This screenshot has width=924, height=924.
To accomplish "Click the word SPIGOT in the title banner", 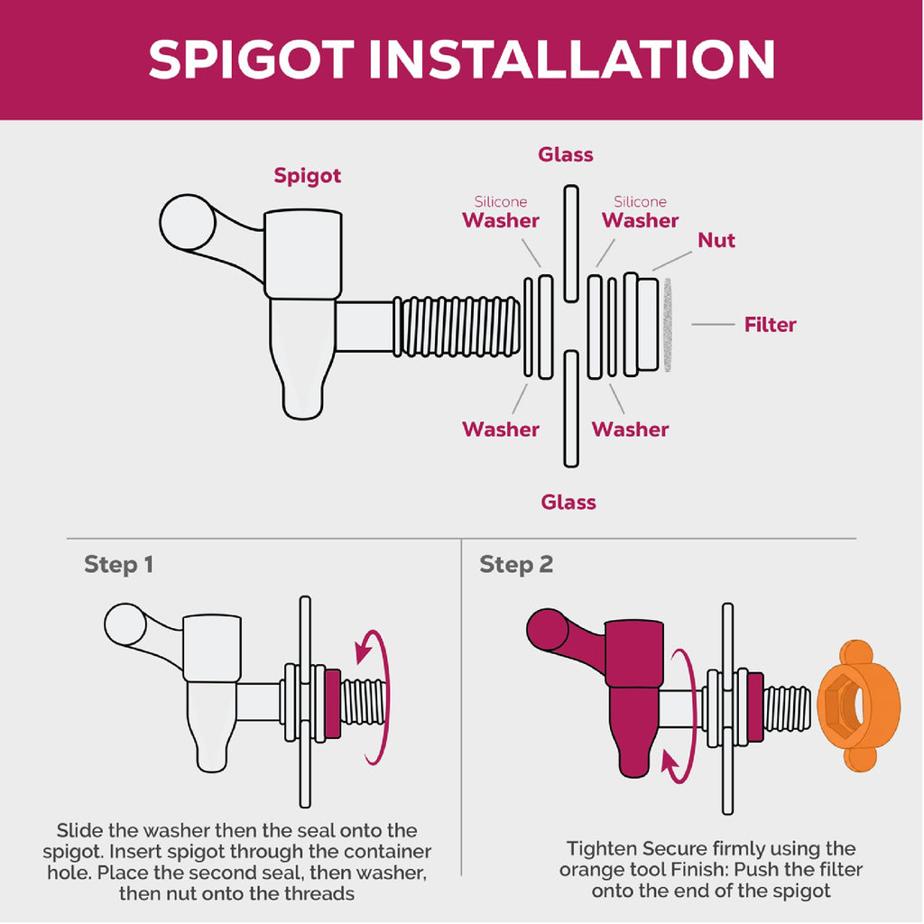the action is pyautogui.click(x=252, y=60).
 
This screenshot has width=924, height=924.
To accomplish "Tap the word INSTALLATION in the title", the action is pyautogui.click(x=572, y=60).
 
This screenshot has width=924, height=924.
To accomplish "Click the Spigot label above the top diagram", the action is pyautogui.click(x=307, y=176).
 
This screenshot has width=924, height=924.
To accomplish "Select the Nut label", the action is pyautogui.click(x=716, y=240).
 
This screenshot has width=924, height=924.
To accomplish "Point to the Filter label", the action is pyautogui.click(x=770, y=324).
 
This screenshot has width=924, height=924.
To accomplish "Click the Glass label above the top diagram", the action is pyautogui.click(x=565, y=154).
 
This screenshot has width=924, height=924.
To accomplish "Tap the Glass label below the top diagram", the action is pyautogui.click(x=568, y=502).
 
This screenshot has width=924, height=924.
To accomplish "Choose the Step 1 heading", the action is pyautogui.click(x=118, y=565).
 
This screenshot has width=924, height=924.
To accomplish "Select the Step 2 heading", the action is pyautogui.click(x=515, y=565).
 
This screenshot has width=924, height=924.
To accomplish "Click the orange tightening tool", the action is pyautogui.click(x=859, y=705).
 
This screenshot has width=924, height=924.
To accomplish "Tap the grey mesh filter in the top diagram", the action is pyautogui.click(x=668, y=325).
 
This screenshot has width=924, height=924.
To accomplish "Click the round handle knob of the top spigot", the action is pyautogui.click(x=188, y=222).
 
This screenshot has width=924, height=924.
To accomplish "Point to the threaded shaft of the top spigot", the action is pyautogui.click(x=456, y=327).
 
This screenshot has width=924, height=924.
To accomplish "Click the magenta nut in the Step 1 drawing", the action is pyautogui.click(x=333, y=703).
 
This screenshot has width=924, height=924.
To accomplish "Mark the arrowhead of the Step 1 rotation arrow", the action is pyautogui.click(x=364, y=651).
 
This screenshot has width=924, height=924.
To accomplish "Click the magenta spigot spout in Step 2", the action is pyautogui.click(x=633, y=732).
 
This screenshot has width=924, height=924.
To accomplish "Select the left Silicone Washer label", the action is pyautogui.click(x=500, y=213).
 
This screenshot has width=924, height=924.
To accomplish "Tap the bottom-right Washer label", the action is pyautogui.click(x=630, y=429).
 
